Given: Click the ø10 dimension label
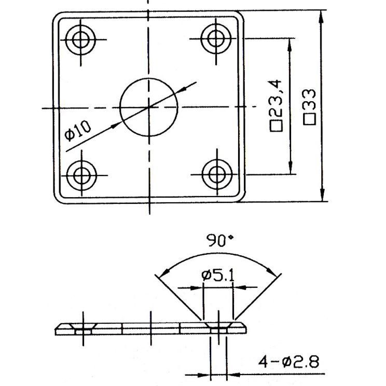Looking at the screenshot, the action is tap(78, 131).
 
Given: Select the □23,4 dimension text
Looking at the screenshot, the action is tap(276, 105).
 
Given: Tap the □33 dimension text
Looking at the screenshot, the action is tap(309, 107).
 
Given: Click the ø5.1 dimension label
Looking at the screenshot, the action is tap(218, 275).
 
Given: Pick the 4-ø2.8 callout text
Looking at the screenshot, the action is tap(288, 362).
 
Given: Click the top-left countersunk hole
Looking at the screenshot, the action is tap(81, 39).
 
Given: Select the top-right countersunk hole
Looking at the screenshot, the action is tap(216, 38).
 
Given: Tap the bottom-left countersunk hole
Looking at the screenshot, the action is tap(81, 175).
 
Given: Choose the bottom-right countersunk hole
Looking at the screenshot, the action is tap(217, 174).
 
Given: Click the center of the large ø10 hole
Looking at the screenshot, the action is tap(149, 107).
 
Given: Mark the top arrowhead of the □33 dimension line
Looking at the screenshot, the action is tap(321, 17).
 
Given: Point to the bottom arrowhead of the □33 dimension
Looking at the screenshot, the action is tap(322, 195).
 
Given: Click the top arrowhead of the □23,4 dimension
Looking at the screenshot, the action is tap(289, 45).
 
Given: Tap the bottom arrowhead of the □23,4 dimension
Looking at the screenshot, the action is tap(291, 168).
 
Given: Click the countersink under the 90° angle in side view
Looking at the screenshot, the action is tap(218, 327).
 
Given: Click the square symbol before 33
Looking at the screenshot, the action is tap(309, 119).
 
